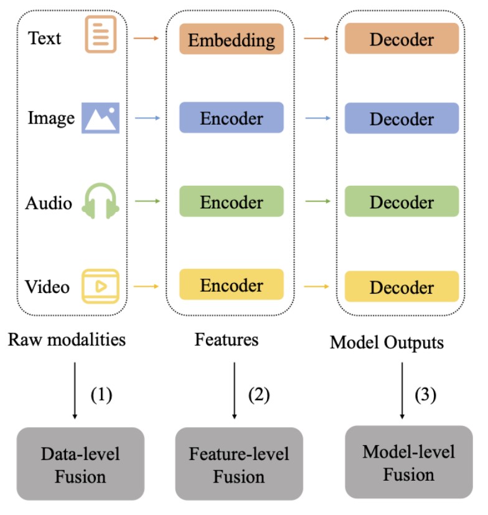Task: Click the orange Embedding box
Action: (x=232, y=39)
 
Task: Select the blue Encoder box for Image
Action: (x=232, y=118)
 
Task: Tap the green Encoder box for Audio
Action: (x=232, y=201)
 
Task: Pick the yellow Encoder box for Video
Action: (x=232, y=285)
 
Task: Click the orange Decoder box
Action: (x=401, y=39)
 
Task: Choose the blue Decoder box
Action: (x=401, y=118)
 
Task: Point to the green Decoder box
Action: (x=401, y=201)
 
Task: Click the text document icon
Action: (x=101, y=35)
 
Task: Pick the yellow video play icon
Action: (x=100, y=286)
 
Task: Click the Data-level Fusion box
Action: (x=80, y=465)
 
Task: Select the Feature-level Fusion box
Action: (x=239, y=465)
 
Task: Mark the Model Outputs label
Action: (x=387, y=342)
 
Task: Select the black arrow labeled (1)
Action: (x=74, y=390)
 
